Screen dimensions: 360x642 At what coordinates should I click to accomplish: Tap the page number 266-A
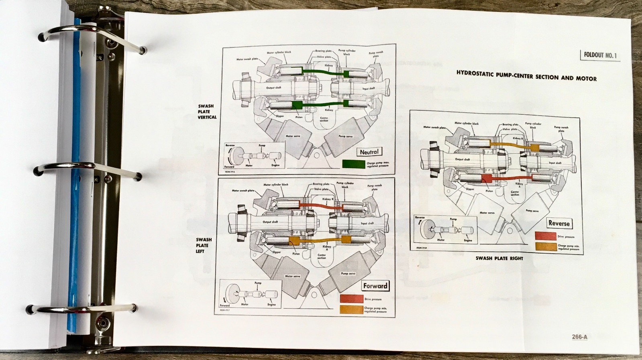[579, 337]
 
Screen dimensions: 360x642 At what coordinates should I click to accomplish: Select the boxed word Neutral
[369, 152]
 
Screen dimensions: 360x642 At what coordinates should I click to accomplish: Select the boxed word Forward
[375, 286]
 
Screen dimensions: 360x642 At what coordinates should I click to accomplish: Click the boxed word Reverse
[559, 224]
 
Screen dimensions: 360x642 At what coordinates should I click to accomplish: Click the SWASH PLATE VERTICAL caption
[207, 112]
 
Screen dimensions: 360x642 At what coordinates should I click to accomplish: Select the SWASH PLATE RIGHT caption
[499, 258]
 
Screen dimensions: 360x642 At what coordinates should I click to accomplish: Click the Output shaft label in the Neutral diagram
[273, 87]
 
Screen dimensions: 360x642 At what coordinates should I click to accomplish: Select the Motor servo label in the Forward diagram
[292, 276]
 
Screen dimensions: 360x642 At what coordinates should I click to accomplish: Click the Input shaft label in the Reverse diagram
[555, 163]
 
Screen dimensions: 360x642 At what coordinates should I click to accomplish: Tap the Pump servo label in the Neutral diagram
[345, 136]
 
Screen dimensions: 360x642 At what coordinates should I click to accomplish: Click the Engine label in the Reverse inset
[468, 240]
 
